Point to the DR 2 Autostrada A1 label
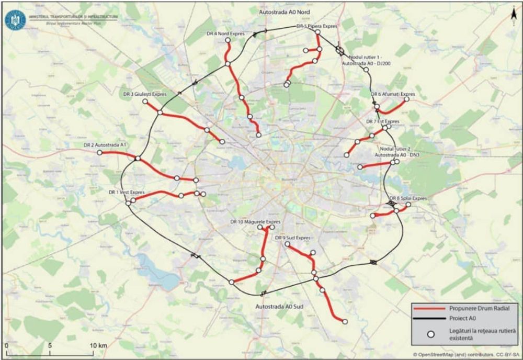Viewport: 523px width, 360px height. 106,145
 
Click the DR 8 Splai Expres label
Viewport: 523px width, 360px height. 408,199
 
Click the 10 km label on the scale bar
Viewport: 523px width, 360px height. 99,346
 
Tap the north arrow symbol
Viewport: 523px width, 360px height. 514,17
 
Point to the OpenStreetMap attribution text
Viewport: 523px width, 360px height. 467,354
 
